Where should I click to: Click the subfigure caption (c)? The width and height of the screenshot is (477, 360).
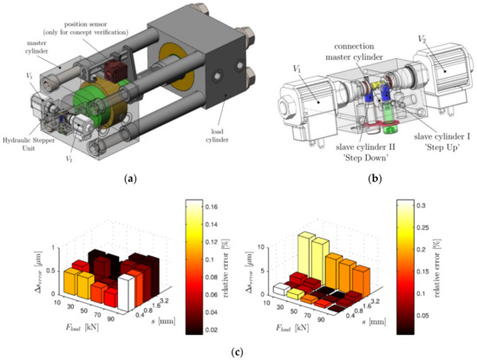(x=238, y=352)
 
